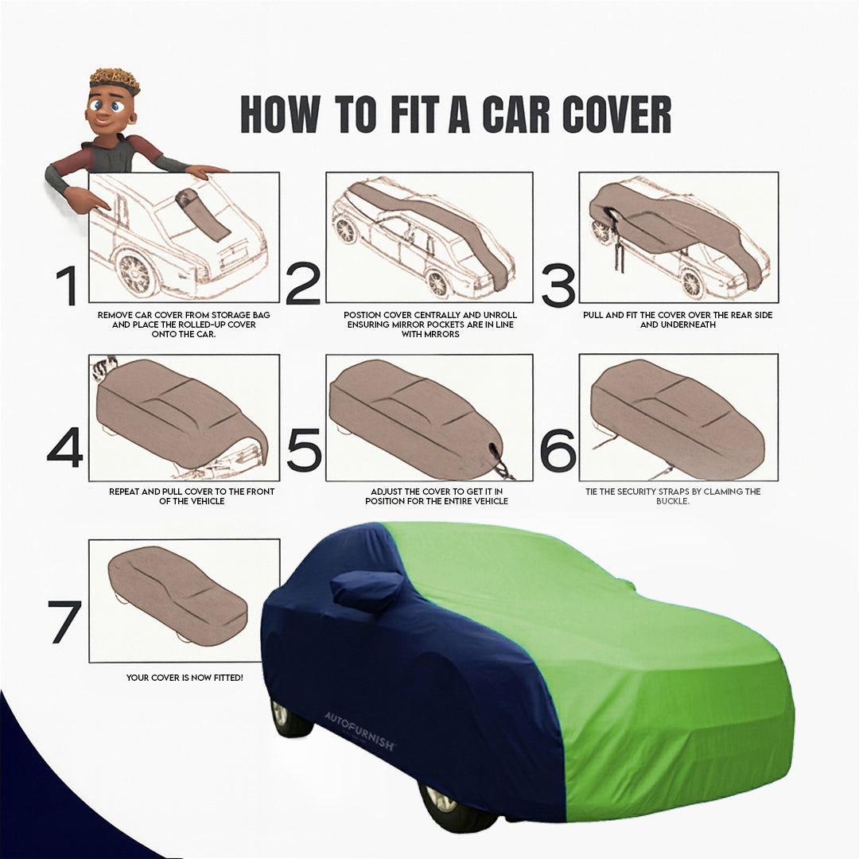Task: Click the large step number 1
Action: pyautogui.click(x=67, y=286)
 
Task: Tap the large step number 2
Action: pyautogui.click(x=302, y=285)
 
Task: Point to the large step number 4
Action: pyautogui.click(x=64, y=448)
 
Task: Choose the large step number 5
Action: pyautogui.click(x=303, y=449)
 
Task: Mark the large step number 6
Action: pyautogui.click(x=558, y=449)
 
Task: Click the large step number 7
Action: pyautogui.click(x=64, y=622)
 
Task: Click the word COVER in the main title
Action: pyautogui.click(x=616, y=115)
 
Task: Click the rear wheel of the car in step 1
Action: pyautogui.click(x=136, y=274)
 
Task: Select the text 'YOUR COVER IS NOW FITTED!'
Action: pyautogui.click(x=185, y=678)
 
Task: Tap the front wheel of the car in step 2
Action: pyautogui.click(x=437, y=282)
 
